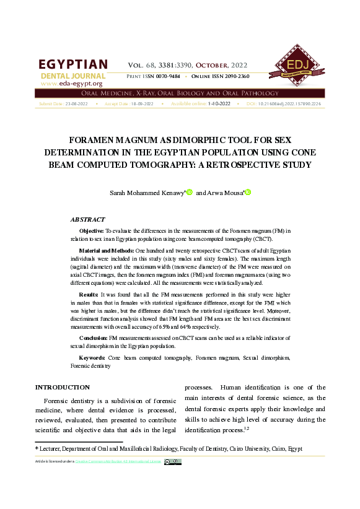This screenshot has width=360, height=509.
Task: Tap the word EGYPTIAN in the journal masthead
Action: (73, 65)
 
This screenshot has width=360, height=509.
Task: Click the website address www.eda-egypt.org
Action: (71, 83)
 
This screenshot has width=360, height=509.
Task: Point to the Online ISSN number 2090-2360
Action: (235, 76)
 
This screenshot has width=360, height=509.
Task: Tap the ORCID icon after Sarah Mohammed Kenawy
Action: (190, 193)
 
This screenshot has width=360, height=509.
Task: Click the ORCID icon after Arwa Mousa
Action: (248, 193)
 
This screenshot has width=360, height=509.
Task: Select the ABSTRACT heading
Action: (88, 219)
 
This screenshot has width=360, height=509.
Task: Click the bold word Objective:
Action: (92, 230)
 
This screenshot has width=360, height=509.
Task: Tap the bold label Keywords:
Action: (92, 358)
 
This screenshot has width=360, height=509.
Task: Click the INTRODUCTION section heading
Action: (63, 387)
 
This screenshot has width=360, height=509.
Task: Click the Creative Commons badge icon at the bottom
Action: (173, 461)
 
